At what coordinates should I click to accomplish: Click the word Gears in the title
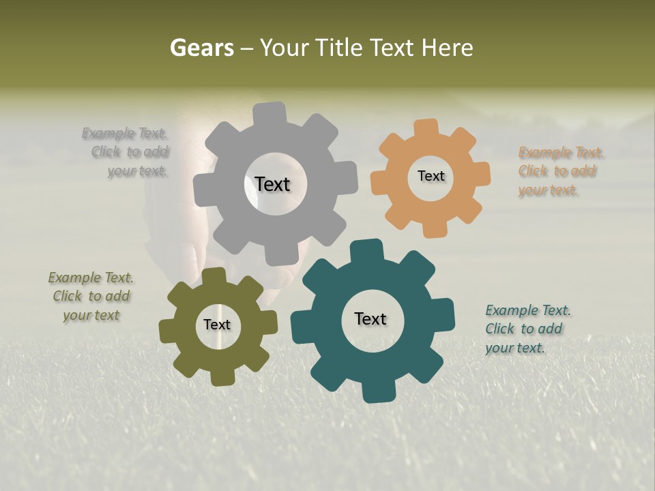(x=201, y=48)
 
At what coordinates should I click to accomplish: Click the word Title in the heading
(x=340, y=48)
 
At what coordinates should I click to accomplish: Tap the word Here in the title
(x=447, y=48)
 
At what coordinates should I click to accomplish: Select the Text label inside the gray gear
(x=272, y=184)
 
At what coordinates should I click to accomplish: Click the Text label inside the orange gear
(x=431, y=176)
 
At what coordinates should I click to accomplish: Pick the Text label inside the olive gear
(x=217, y=325)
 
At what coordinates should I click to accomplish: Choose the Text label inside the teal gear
(x=370, y=318)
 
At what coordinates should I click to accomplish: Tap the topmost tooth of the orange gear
(x=426, y=129)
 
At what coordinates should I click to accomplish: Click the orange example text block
(x=561, y=171)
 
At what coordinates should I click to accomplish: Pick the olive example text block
(x=91, y=297)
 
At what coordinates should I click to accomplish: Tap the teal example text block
(x=527, y=329)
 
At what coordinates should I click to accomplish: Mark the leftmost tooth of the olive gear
(x=168, y=331)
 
